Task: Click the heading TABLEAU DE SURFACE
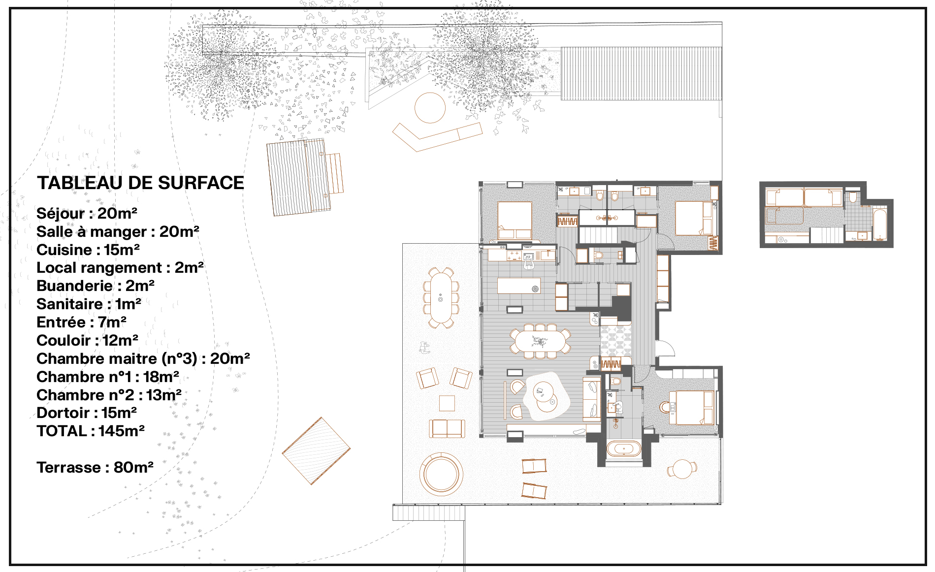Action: [x=140, y=183]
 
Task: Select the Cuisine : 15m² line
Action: [x=88, y=250]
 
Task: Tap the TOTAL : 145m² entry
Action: [x=91, y=431]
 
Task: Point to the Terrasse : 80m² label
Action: [x=95, y=467]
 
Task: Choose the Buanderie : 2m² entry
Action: [x=96, y=286]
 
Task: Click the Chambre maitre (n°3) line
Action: [x=143, y=358]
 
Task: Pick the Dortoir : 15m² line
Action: [x=87, y=413]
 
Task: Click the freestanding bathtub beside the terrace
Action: [x=624, y=449]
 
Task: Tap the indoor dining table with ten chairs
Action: [x=540, y=341]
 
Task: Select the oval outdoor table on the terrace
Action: [x=441, y=298]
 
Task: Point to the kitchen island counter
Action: [x=518, y=286]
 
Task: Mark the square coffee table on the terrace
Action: [x=447, y=403]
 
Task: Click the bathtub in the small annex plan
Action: [x=879, y=224]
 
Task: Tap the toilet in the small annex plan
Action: [x=853, y=197]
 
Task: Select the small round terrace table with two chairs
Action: [x=682, y=469]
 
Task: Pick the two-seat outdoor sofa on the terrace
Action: [x=447, y=428]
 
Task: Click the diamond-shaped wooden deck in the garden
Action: [x=316, y=451]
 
